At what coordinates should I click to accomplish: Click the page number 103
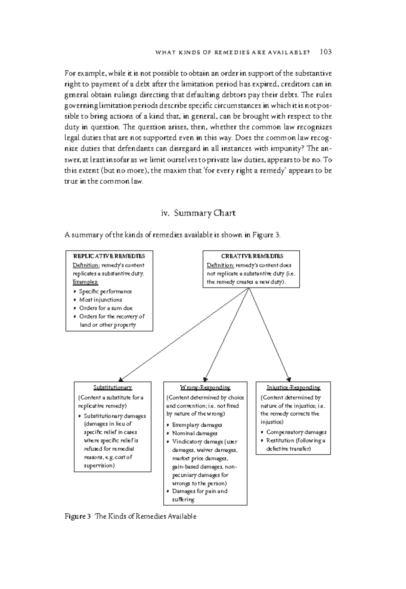coord(325,52)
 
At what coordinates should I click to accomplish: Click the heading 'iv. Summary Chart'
coord(198,213)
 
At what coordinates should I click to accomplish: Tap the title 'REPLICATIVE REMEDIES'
coord(109,256)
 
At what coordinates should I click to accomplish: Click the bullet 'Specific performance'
coord(105,291)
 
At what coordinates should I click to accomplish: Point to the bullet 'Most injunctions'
coord(100,300)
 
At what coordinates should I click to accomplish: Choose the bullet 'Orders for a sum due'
coord(106,308)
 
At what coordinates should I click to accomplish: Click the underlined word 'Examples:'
coord(85,282)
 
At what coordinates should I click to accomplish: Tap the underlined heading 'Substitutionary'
coord(112,387)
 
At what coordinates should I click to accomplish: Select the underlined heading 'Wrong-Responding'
coord(205,387)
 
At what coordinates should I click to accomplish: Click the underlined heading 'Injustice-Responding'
coord(293,387)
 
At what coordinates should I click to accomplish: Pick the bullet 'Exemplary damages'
coord(197,425)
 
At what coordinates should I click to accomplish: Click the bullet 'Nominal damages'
coord(195,433)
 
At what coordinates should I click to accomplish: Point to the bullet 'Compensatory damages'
coord(296,432)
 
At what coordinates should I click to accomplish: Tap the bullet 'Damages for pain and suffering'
coord(200,495)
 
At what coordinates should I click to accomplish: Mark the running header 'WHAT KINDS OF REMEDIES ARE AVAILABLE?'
coord(232,52)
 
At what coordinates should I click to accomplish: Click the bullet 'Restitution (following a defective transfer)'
coord(295,445)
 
